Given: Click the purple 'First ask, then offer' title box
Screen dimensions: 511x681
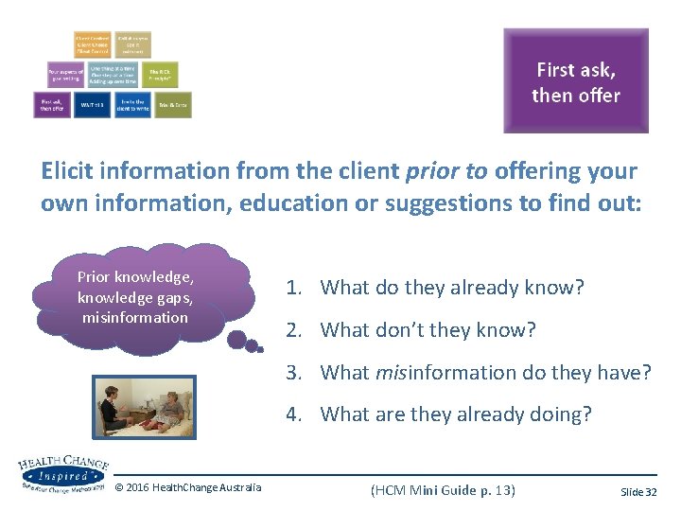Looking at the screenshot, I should (575, 80).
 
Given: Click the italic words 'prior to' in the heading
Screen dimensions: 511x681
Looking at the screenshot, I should (444, 171).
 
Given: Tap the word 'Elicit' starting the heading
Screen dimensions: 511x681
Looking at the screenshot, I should (68, 171).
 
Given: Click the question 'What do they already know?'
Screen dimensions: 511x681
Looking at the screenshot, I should (452, 288).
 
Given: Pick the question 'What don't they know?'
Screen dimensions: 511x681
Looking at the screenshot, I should (428, 329).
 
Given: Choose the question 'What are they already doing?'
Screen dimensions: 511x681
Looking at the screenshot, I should (455, 414).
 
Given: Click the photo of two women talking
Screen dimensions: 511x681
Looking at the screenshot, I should (144, 408).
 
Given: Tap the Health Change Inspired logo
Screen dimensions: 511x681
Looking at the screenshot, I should (61, 473).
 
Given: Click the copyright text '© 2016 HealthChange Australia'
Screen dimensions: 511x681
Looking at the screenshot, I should (188, 487).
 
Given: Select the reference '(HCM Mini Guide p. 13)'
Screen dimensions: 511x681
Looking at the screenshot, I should (443, 488).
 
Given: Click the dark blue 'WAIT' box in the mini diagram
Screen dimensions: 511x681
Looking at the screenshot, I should (93, 104).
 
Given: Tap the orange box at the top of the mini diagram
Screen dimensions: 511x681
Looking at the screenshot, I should (93, 44).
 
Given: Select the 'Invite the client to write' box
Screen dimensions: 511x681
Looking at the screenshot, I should (131, 104).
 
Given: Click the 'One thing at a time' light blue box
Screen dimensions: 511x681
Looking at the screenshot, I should (113, 74).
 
